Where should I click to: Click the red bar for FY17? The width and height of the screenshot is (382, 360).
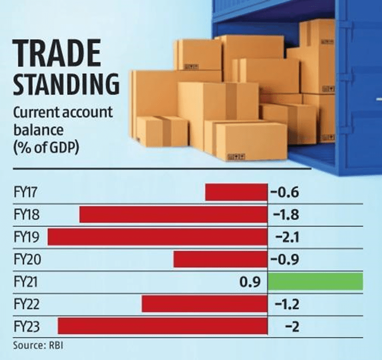coord(236,192)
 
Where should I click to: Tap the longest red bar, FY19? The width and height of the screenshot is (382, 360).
coord(157,237)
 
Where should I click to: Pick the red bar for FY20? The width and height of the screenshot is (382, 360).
coord(220,260)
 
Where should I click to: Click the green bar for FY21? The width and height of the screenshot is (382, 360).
coord(315,282)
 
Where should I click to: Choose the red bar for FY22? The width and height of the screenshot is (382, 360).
coord(204,304)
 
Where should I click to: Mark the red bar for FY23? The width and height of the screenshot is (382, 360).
coord(163,326)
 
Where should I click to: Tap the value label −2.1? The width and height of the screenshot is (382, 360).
coord(285,237)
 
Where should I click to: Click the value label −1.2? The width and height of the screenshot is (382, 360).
coord(285,304)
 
